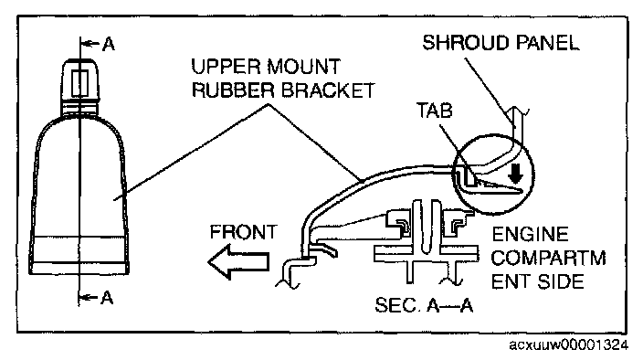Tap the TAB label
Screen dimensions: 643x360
tap(434, 111)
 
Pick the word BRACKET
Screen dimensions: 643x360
tap(328, 90)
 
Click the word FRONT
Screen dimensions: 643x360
tap(244, 232)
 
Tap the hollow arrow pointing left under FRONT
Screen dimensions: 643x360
tap(238, 261)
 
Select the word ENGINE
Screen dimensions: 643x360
tap(531, 235)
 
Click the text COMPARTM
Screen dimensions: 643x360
tap(549, 259)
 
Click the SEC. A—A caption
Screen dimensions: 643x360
tap(424, 305)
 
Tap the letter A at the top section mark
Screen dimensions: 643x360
tap(109, 44)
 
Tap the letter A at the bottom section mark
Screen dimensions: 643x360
tap(107, 298)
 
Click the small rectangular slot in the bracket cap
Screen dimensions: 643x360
tap(79, 83)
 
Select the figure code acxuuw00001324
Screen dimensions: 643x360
tap(568, 344)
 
